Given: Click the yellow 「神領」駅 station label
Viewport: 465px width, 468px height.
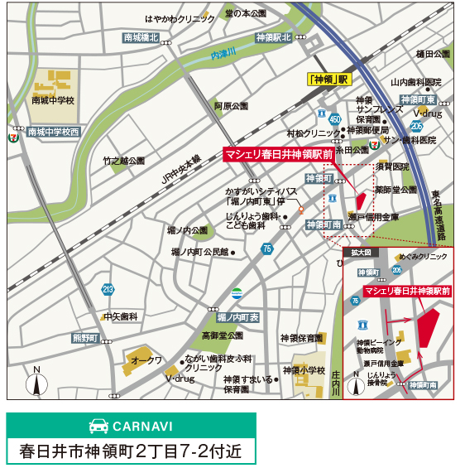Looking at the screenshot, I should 328,80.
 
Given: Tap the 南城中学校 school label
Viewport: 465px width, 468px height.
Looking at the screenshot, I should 53,100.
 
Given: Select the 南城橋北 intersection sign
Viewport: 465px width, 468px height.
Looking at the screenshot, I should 141,38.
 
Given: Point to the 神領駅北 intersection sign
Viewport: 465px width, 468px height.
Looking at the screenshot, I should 274,37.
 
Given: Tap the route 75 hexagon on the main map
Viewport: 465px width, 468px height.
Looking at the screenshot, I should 266,248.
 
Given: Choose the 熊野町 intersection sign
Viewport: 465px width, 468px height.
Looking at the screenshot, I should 85,338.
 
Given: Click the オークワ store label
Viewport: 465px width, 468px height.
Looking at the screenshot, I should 147,360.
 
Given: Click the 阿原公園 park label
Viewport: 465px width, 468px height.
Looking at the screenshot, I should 231,106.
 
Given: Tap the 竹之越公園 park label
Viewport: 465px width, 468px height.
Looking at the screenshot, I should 123,161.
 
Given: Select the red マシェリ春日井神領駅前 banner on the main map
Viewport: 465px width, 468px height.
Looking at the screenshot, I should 279,154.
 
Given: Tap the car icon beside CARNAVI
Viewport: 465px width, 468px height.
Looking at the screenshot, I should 98,427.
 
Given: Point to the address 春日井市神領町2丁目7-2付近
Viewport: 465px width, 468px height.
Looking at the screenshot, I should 132,451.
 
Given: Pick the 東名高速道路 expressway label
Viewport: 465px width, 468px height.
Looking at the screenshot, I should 436,215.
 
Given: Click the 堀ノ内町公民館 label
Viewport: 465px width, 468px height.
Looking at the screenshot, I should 199,251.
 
